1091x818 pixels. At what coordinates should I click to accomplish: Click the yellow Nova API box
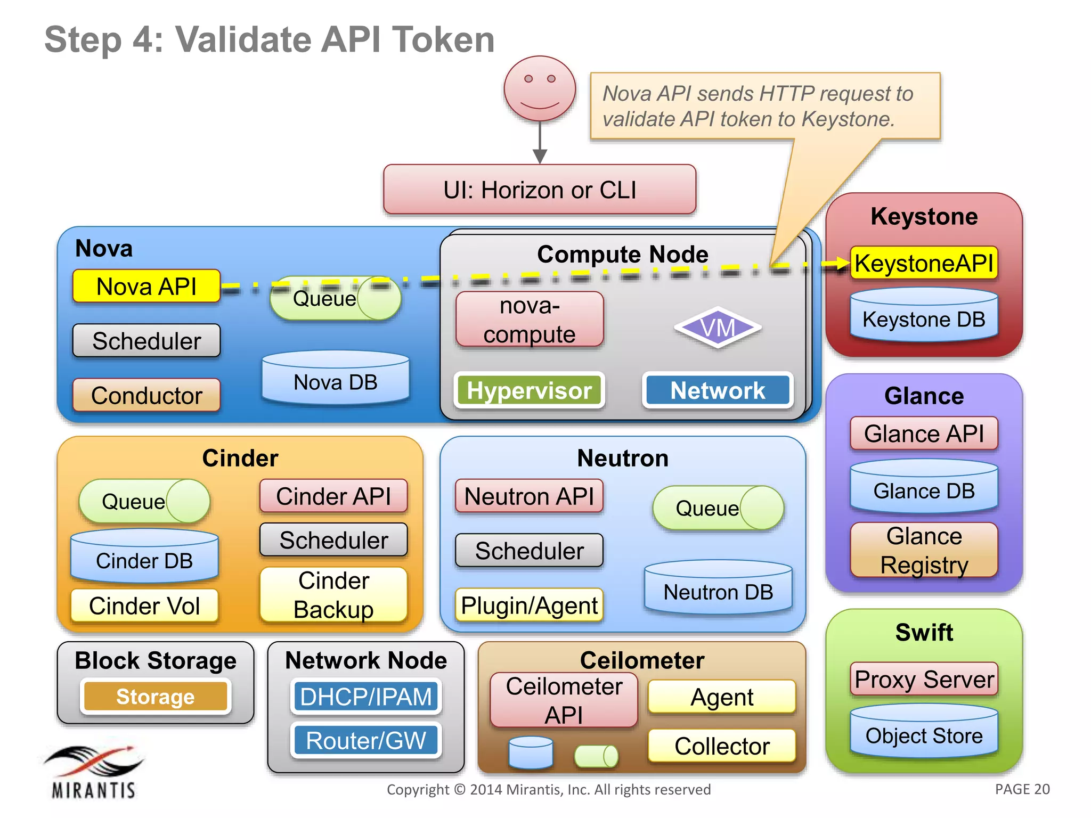click(146, 287)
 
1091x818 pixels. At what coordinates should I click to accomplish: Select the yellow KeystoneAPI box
click(924, 263)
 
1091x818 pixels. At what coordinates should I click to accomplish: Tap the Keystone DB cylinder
click(924, 316)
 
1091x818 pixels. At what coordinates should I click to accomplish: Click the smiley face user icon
click(540, 88)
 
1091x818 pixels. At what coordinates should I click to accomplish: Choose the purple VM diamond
click(718, 328)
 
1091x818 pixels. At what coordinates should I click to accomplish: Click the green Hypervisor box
click(529, 390)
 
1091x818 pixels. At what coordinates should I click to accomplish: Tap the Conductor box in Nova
click(146, 395)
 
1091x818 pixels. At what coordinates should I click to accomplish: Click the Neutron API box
click(529, 496)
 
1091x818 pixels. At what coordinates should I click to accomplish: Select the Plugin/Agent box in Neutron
click(529, 606)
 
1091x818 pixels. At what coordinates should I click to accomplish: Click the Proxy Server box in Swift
click(924, 680)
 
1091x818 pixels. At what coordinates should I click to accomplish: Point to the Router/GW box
click(366, 740)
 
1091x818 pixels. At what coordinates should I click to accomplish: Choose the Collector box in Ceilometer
click(722, 746)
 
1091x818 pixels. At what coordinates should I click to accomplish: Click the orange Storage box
click(156, 697)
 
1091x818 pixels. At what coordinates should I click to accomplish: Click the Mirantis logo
click(94, 772)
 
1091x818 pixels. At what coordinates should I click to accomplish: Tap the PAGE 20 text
click(1022, 789)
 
